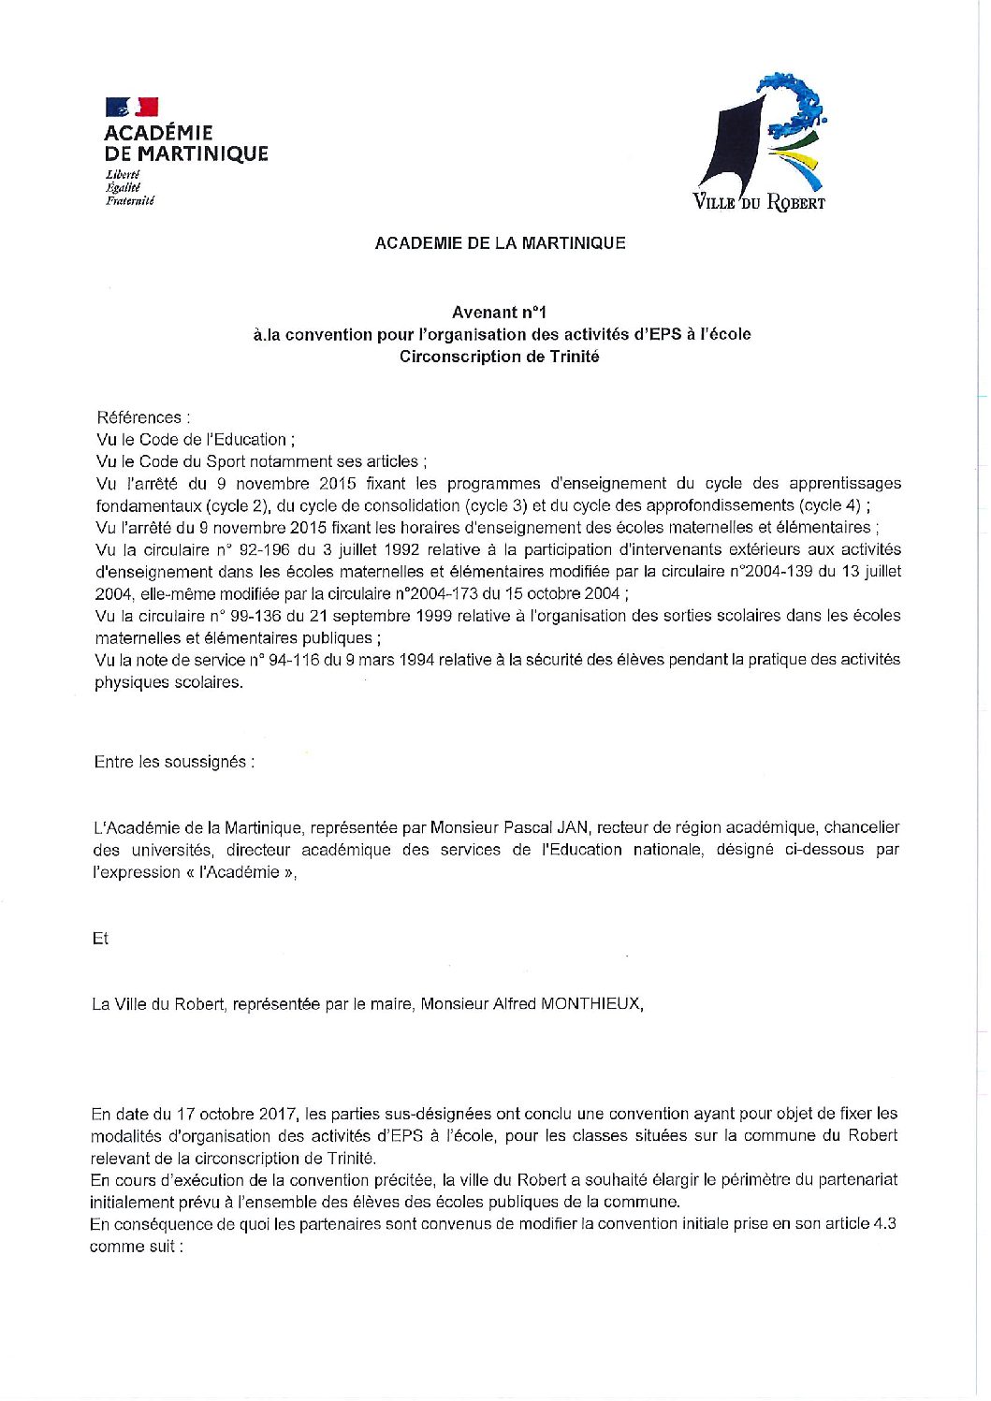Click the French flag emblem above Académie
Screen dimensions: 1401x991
pos(132,108)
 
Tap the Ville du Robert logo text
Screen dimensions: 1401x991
pos(758,201)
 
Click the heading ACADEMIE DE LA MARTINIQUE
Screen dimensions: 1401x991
pos(500,243)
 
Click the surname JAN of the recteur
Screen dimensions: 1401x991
pos(573,827)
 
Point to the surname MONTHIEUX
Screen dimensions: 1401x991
pos(591,1004)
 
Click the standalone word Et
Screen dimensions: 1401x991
pos(100,939)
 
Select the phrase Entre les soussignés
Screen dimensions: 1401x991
pos(173,762)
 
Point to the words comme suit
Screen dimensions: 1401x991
pos(135,1247)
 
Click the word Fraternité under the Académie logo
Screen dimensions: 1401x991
pos(130,200)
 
